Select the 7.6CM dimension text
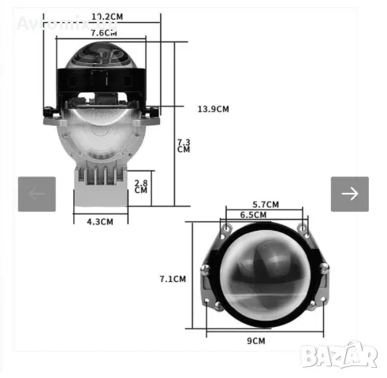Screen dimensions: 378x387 pyautogui.click(x=105, y=33)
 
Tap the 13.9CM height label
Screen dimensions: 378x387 pyautogui.click(x=213, y=108)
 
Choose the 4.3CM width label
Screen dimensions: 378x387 pyautogui.click(x=100, y=222)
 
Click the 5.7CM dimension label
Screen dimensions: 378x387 pyautogui.click(x=264, y=205)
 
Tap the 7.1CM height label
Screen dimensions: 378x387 pyautogui.click(x=172, y=278)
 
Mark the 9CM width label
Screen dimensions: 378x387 pyautogui.click(x=256, y=341)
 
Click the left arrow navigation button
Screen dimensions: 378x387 pyautogui.click(x=37, y=194)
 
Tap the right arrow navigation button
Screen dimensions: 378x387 pyautogui.click(x=349, y=194)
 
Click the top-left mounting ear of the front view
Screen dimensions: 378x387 pyautogui.click(x=226, y=228)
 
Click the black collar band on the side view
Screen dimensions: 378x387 pyautogui.click(x=101, y=79)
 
